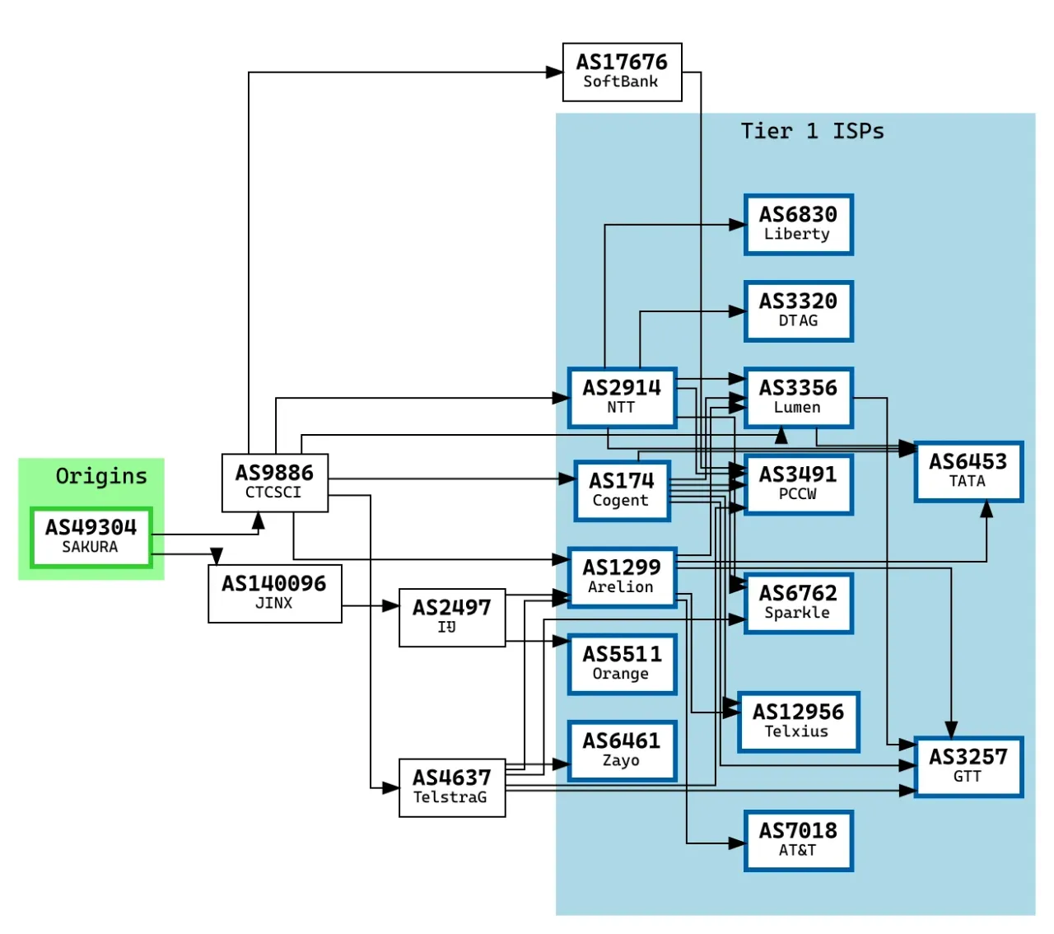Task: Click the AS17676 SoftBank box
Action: pyautogui.click(x=622, y=72)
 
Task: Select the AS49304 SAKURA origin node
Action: pyautogui.click(x=91, y=538)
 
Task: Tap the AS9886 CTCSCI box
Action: pyautogui.click(x=275, y=483)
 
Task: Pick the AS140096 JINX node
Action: pyautogui.click(x=275, y=593)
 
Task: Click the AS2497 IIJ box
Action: pyautogui.click(x=452, y=618)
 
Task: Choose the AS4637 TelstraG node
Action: pyautogui.click(x=452, y=787)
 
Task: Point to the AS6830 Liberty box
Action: pyautogui.click(x=799, y=224)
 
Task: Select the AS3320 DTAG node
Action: pyautogui.click(x=799, y=311)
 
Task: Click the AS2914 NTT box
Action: pyautogui.click(x=623, y=398)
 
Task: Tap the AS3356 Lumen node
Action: pyautogui.click(x=799, y=398)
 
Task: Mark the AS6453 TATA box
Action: pyautogui.click(x=968, y=471)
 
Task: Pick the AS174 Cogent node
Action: pyautogui.click(x=623, y=490)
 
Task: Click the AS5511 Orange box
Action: pyautogui.click(x=623, y=664)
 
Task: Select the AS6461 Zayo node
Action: pyautogui.click(x=623, y=750)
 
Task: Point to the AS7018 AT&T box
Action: pyautogui.click(x=799, y=840)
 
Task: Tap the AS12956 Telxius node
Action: pyautogui.click(x=799, y=722)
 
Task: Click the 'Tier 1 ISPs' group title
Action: pyautogui.click(x=812, y=131)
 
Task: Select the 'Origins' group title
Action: pyautogui.click(x=101, y=476)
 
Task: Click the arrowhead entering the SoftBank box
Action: pyautogui.click(x=554, y=72)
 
